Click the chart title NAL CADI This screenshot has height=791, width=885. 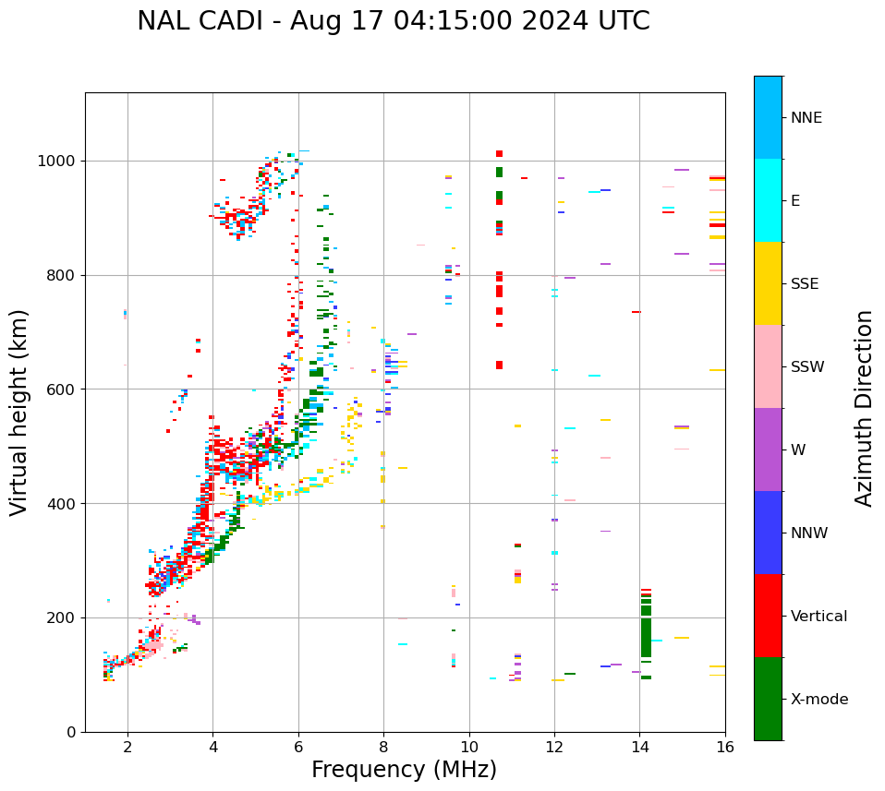393,21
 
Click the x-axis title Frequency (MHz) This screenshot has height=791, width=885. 404,770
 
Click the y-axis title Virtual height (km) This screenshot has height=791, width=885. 19,412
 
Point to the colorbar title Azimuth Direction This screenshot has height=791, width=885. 864,407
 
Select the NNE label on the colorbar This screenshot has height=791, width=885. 806,118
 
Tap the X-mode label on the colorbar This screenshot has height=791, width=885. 818,700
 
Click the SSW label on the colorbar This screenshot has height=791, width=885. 807,367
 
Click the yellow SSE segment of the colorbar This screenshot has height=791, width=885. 768,283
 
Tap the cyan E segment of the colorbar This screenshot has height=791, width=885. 768,200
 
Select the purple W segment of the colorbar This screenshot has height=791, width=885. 768,449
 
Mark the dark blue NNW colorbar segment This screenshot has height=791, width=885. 768,533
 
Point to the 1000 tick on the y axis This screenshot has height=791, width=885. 61,161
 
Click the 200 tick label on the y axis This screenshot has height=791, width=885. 65,617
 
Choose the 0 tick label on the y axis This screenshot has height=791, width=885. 73,732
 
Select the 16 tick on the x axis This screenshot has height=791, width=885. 725,747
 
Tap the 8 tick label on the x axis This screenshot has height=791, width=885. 383,747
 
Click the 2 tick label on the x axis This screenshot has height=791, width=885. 127,747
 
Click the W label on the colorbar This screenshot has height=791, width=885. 798,450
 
